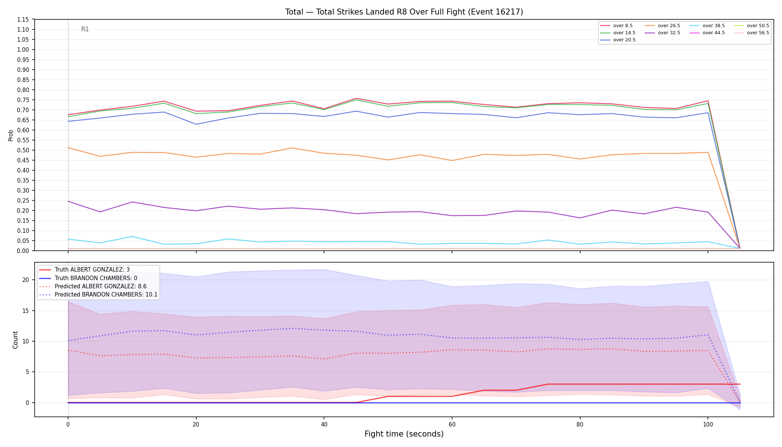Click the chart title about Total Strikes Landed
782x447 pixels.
(x=404, y=12)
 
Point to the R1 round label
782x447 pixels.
(x=85, y=29)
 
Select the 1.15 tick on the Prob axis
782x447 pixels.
(x=23, y=20)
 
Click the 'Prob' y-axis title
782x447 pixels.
(x=11, y=135)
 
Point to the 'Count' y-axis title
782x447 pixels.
(x=15, y=340)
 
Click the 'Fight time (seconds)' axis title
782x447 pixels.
(x=404, y=434)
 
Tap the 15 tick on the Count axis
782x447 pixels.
(x=25, y=311)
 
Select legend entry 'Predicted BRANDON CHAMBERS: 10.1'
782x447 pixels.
(x=98, y=295)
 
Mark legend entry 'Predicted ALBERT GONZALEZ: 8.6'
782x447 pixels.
(x=93, y=286)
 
